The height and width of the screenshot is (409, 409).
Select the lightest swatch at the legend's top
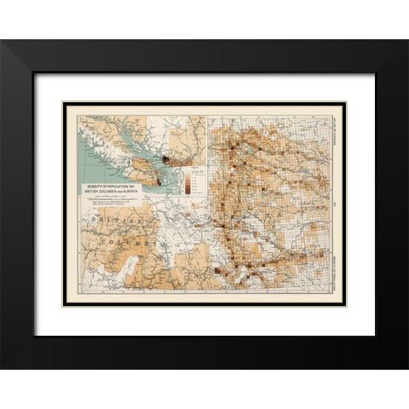[190, 170]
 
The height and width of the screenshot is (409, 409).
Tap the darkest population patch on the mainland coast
[168, 159]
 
